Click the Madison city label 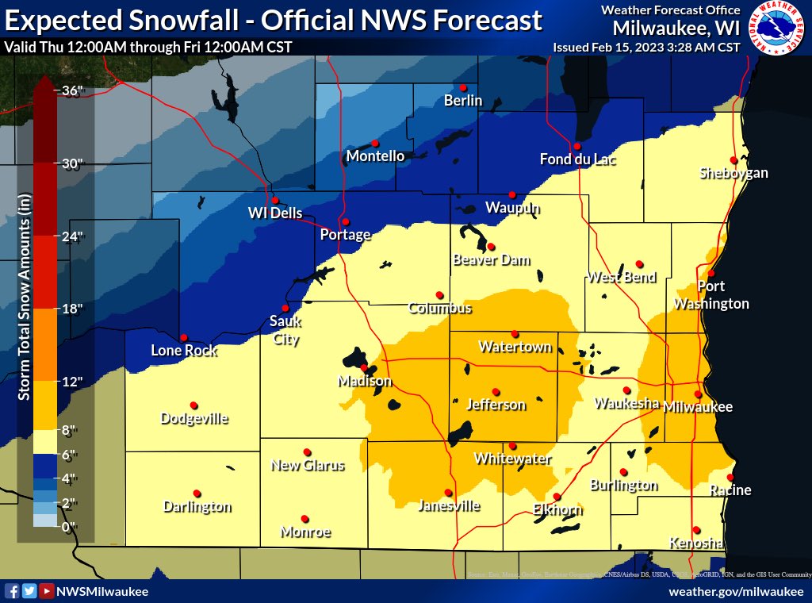365,382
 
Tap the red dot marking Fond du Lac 577,146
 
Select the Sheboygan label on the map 733,173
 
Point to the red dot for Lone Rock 184,337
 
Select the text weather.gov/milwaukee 736,592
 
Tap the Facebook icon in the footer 12,591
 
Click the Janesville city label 449,505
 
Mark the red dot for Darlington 197,493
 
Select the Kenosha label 695,543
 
